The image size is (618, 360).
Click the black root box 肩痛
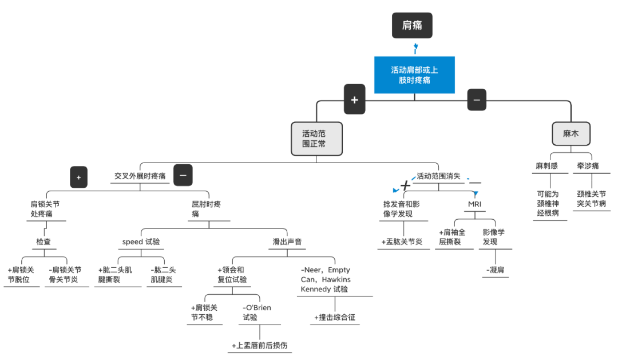(x=412, y=26)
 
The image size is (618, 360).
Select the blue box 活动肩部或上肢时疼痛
(x=414, y=75)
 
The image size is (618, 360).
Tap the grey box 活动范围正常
(x=316, y=139)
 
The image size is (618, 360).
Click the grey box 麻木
(x=571, y=133)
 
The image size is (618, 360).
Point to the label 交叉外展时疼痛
(x=140, y=176)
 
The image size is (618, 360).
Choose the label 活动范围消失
(x=438, y=176)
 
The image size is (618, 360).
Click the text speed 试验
(x=141, y=242)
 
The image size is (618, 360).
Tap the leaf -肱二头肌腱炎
(x=164, y=275)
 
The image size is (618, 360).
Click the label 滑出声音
(x=287, y=242)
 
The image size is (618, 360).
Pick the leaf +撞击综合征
(x=335, y=318)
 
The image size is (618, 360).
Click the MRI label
(x=475, y=204)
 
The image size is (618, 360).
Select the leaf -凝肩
(x=496, y=270)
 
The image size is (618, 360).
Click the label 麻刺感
(x=547, y=166)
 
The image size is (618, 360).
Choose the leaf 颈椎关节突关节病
(x=592, y=199)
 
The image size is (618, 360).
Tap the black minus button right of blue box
(x=477, y=100)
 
